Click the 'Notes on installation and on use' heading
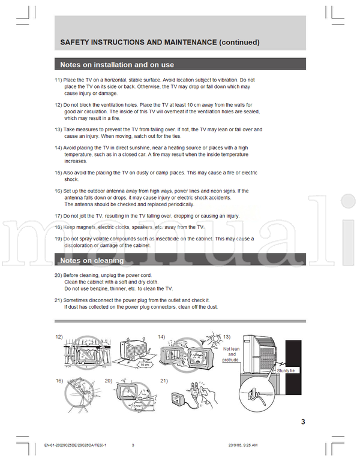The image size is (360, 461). (x=117, y=65)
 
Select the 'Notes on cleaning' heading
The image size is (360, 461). (x=92, y=261)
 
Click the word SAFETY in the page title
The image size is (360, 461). (x=76, y=43)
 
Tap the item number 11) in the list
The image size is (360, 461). (x=58, y=80)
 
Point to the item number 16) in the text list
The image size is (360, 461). (x=58, y=191)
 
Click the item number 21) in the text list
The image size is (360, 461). (x=58, y=300)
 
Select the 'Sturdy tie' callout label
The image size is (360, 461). (x=286, y=371)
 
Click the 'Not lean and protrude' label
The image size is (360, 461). (x=230, y=354)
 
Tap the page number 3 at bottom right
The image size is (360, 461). (x=303, y=421)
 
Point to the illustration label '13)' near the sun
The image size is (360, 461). (x=227, y=337)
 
